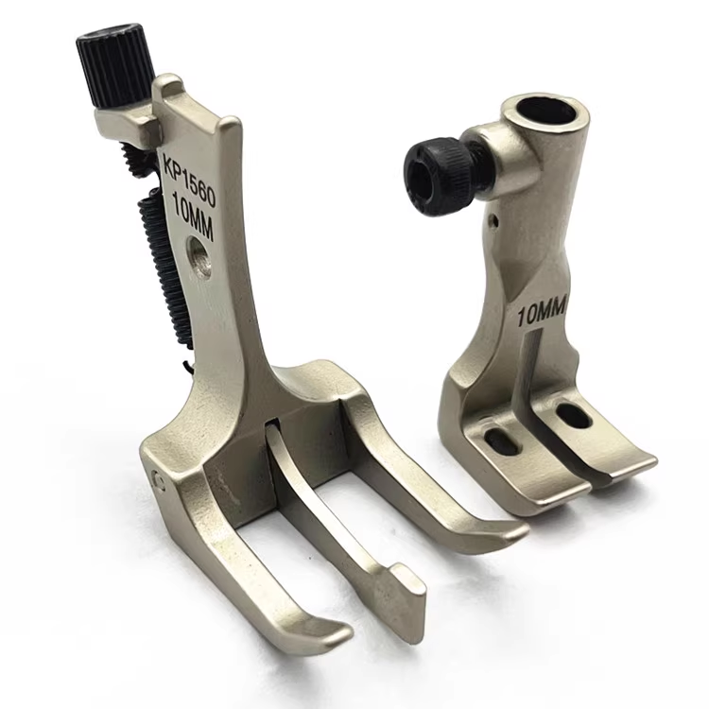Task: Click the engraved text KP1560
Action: pos(188,178)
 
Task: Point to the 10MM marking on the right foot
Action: pos(542,314)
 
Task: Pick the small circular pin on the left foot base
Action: pos(158,479)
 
